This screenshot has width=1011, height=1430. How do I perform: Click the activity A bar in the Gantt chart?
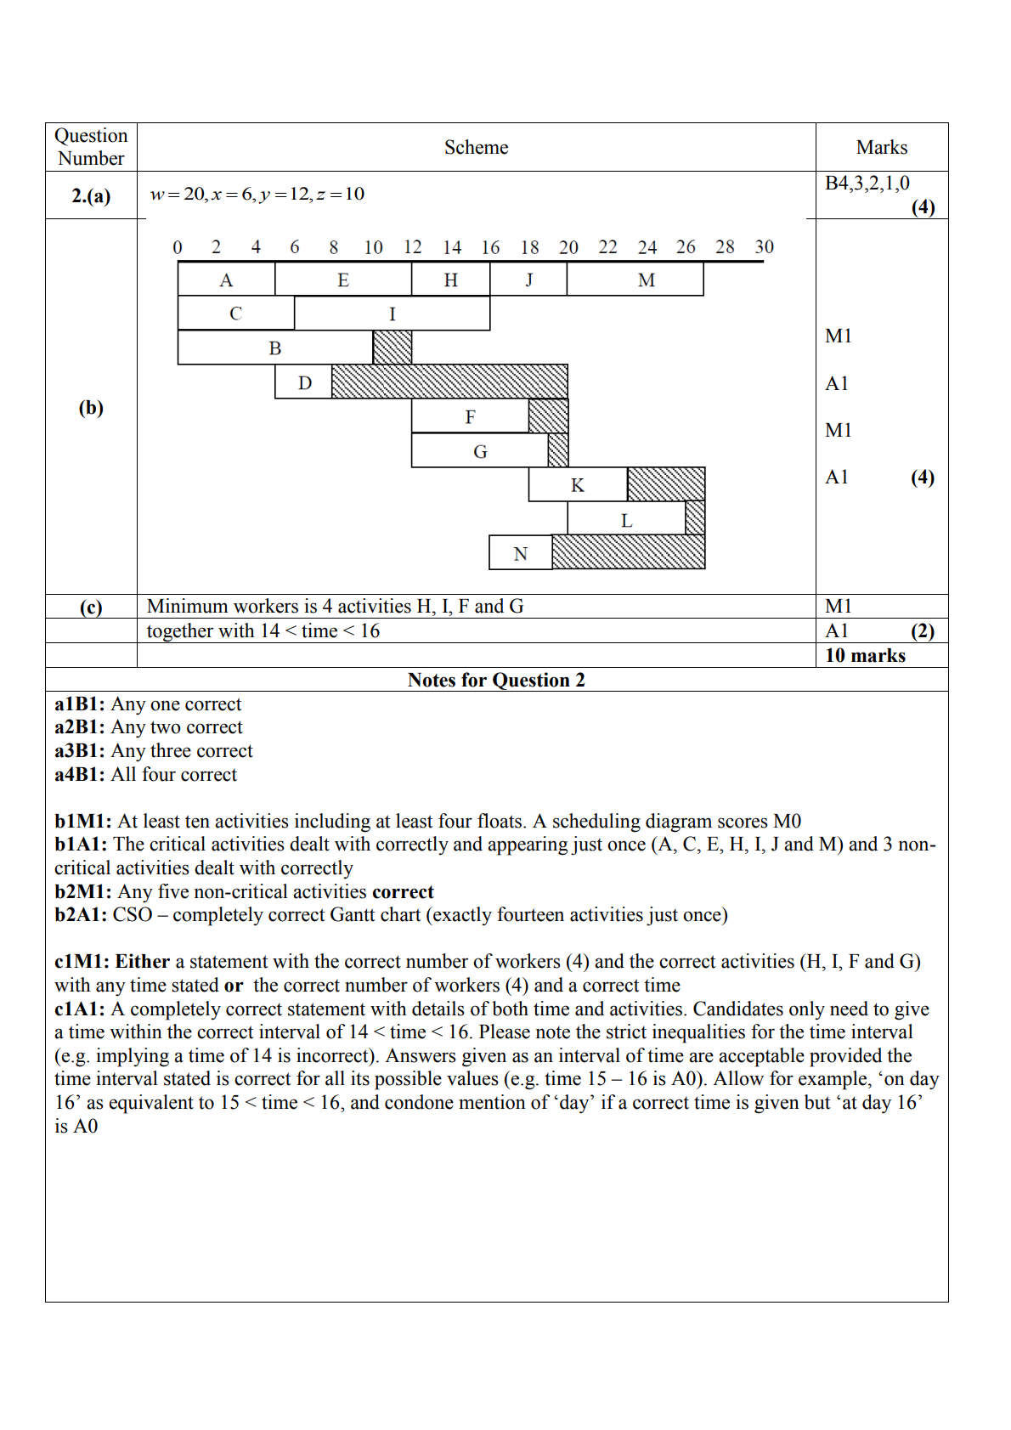click(226, 280)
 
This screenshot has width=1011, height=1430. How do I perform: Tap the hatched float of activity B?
click(392, 348)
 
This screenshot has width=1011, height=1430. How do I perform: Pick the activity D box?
click(303, 382)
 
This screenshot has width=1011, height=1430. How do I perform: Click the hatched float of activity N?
click(628, 552)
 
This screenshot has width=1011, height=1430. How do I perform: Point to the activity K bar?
click(578, 484)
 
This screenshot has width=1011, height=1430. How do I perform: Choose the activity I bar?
click(392, 314)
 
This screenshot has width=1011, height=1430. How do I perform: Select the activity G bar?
click(480, 451)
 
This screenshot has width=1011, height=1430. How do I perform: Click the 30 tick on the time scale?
click(764, 247)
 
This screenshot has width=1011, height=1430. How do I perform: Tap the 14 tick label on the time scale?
click(452, 247)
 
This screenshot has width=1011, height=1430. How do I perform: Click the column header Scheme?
click(476, 148)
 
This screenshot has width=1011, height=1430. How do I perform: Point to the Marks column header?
click(882, 148)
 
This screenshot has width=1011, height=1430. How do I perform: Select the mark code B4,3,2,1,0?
click(867, 184)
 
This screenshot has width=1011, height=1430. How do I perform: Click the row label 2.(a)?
click(91, 196)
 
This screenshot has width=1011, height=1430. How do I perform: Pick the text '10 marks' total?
click(865, 655)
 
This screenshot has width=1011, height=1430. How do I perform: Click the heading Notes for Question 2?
click(496, 680)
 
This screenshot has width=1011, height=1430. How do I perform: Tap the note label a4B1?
click(80, 775)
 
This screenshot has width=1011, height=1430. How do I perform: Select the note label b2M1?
click(82, 892)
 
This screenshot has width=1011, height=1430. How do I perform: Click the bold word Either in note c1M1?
click(143, 962)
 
